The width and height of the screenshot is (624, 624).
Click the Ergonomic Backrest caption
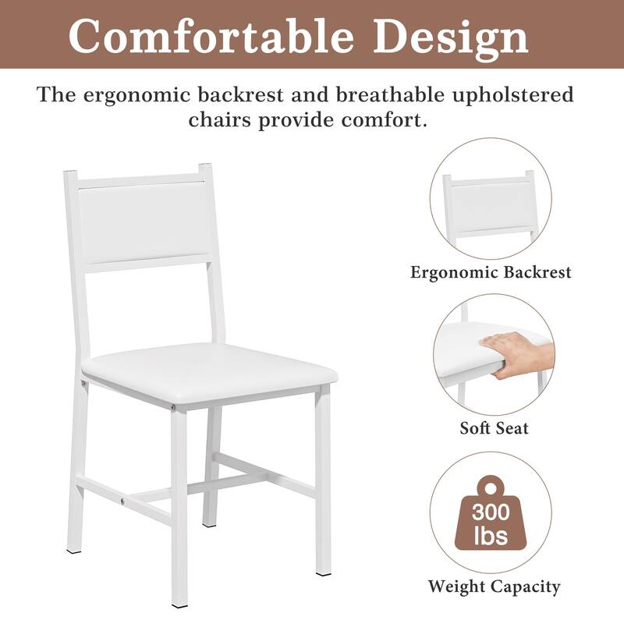coord(491,272)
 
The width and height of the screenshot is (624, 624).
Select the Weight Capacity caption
coord(494,586)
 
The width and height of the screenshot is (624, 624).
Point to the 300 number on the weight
coord(491,513)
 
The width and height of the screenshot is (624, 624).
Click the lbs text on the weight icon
coord(491,537)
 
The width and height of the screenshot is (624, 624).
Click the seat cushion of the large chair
coord(209,366)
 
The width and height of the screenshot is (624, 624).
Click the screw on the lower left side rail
coord(121,495)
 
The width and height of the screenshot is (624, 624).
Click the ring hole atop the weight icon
coord(491,487)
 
